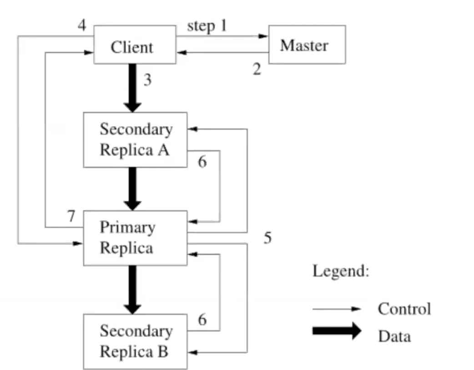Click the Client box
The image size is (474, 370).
[135, 45]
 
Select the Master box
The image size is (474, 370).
[307, 45]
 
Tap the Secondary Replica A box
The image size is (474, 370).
[135, 140]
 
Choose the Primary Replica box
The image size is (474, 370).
[135, 238]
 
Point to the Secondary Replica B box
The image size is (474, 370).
[135, 341]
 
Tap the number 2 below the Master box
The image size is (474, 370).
[257, 70]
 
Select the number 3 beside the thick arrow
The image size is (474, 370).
[148, 80]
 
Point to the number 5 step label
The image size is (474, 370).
[268, 238]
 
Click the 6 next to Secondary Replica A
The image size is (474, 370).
[202, 162]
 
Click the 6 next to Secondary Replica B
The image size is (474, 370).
[202, 320]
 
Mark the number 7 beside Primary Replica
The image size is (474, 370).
[71, 216]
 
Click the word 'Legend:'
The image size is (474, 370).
[341, 271]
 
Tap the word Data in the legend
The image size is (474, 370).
[394, 336]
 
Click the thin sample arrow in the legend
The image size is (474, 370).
[336, 309]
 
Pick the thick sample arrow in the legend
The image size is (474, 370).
[336, 331]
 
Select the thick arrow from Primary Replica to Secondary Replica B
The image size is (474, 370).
[133, 289]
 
